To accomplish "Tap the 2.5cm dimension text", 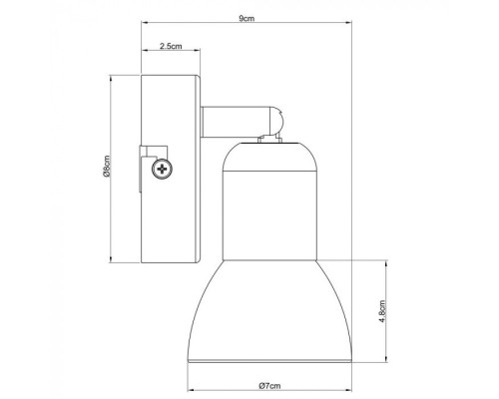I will pos(171,47).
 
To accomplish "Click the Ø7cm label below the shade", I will pos(266,387).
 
